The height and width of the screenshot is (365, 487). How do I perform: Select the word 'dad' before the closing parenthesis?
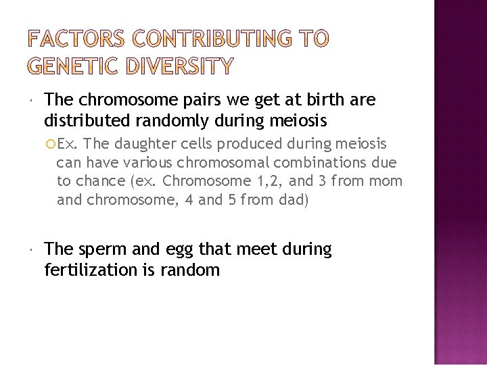tap(295, 200)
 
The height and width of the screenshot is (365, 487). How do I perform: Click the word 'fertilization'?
tap(90, 270)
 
